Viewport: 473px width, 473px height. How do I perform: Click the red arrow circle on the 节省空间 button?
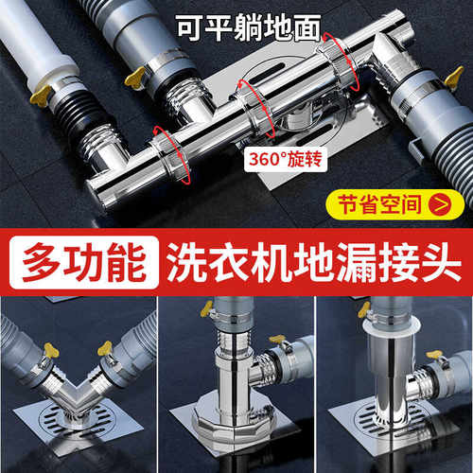[439, 201]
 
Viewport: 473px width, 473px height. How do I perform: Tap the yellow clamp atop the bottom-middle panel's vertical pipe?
[207, 307]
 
